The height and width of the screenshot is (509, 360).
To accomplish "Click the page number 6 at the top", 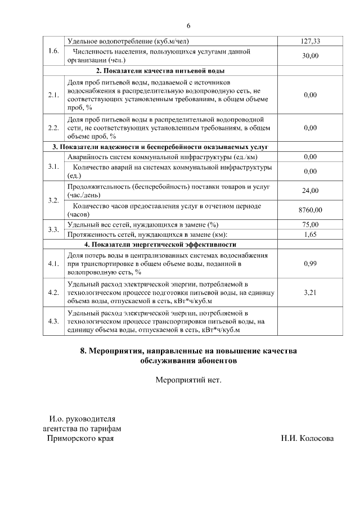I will [188, 26].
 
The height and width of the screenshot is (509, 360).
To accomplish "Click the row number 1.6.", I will [54, 51].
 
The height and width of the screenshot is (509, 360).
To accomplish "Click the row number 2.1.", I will [54, 95].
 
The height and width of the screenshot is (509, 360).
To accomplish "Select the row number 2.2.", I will [54, 128].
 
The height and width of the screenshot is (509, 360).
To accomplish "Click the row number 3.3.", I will [54, 229].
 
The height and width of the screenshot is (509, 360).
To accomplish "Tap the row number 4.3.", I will [54, 321].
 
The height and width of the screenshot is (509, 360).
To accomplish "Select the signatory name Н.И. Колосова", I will [307, 439].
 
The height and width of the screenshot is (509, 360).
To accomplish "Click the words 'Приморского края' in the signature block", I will [80, 439].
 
